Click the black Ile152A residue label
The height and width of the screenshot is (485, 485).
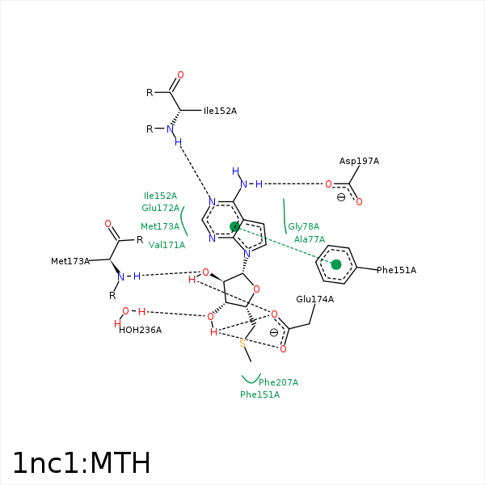click(x=220, y=111)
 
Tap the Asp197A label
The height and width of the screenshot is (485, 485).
click(x=359, y=162)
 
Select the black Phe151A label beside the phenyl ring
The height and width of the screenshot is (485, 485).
click(x=396, y=270)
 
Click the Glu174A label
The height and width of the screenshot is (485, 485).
click(x=314, y=299)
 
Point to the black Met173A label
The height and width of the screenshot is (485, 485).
click(x=70, y=261)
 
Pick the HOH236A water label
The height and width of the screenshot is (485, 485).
click(x=140, y=330)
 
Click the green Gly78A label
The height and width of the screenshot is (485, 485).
click(x=303, y=227)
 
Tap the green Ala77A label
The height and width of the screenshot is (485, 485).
click(x=310, y=239)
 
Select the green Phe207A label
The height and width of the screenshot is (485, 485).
click(x=278, y=382)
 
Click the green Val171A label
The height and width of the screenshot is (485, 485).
click(x=167, y=245)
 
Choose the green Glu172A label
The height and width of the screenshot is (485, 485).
click(x=160, y=209)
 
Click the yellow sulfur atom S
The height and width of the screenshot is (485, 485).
click(x=242, y=344)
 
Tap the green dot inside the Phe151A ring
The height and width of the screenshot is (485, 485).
click(x=336, y=264)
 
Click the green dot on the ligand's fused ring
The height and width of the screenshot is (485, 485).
click(x=234, y=226)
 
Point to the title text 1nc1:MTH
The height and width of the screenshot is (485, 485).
click(x=81, y=463)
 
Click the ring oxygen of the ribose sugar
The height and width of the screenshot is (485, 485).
click(x=256, y=289)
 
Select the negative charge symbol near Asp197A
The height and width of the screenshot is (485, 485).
click(x=340, y=197)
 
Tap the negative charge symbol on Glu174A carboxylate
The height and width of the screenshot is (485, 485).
click(x=274, y=332)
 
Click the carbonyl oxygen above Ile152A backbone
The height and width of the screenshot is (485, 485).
click(x=180, y=75)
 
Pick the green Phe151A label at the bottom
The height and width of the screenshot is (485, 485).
click(x=259, y=394)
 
